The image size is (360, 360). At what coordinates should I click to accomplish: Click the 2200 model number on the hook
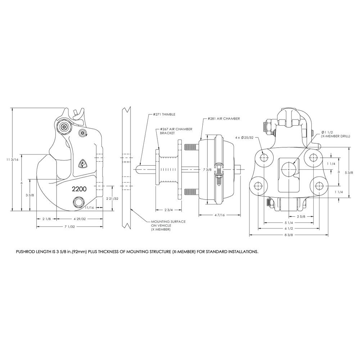click(x=78, y=189)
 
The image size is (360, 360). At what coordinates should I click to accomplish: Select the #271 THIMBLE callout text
click(x=163, y=114)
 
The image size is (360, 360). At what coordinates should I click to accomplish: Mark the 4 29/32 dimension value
click(x=80, y=219)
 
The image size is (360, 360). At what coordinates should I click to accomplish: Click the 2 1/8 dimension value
click(x=46, y=219)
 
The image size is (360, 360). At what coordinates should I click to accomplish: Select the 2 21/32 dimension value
click(x=113, y=198)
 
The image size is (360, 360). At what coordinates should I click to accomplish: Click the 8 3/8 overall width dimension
click(x=288, y=235)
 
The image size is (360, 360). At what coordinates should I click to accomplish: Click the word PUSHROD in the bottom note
click(x=27, y=252)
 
